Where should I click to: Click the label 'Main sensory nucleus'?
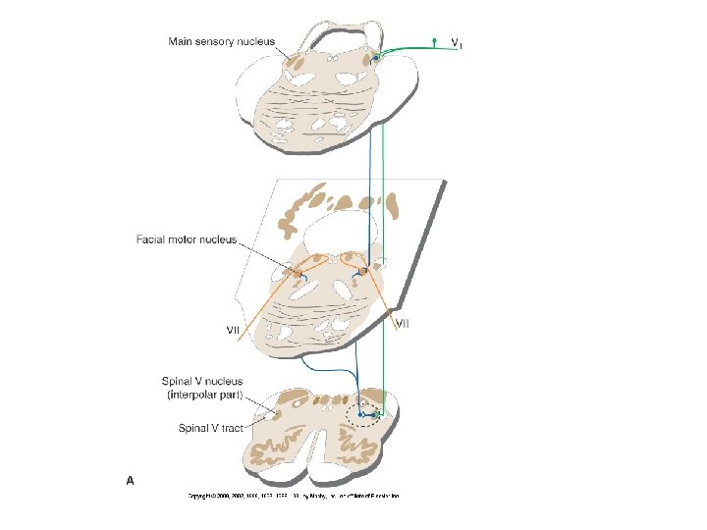coord(221,41)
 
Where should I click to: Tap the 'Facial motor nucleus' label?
coord(187,239)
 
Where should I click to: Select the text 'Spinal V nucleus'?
coord(203,381)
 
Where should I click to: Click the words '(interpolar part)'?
coord(203,396)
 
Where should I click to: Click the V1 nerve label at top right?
coord(457,43)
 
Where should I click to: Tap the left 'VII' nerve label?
coord(234,329)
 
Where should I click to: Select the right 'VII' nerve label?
coord(403,322)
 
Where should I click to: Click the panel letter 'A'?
coord(130,480)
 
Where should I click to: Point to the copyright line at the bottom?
coord(294,496)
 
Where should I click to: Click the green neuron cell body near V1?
coord(435,41)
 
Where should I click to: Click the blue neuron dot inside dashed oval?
coord(361,415)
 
